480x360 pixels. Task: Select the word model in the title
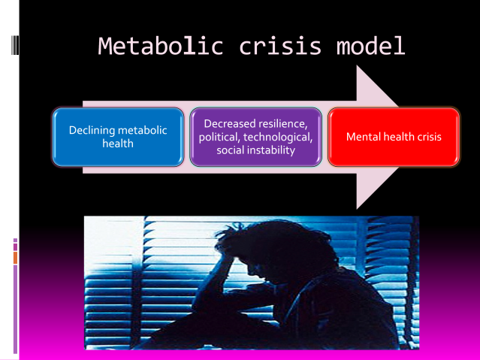click(365, 46)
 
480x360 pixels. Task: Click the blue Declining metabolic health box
click(117, 137)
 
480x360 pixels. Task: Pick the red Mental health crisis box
click(394, 137)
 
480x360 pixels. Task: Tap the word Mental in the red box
click(363, 138)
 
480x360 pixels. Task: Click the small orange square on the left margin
click(15, 258)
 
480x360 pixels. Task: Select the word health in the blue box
click(117, 144)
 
